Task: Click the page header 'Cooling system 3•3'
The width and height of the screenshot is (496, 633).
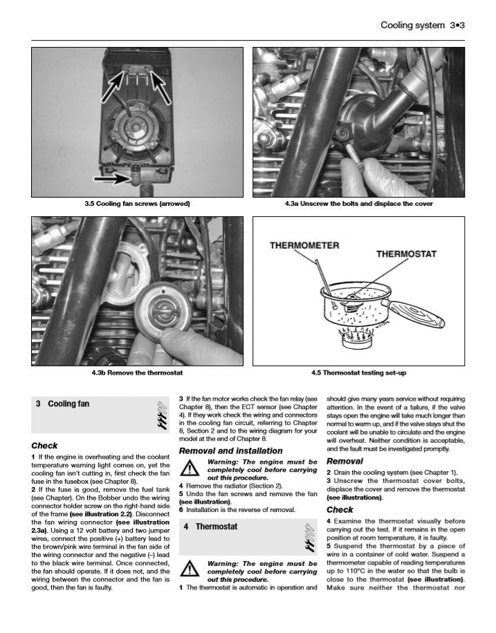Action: (x=422, y=25)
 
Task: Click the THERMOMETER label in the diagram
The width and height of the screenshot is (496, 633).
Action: (x=304, y=245)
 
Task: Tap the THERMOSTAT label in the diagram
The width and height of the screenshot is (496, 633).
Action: (x=406, y=254)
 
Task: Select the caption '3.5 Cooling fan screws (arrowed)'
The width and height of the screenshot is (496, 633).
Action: (x=137, y=204)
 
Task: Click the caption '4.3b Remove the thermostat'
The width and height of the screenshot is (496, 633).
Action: (x=137, y=373)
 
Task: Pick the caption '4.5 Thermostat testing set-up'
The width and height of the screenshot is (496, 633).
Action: (x=358, y=373)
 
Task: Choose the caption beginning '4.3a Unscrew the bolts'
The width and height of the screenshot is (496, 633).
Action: (x=358, y=204)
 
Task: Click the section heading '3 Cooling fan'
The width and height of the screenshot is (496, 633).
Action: (x=62, y=404)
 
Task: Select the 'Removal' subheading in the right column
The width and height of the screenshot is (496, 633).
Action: (x=345, y=461)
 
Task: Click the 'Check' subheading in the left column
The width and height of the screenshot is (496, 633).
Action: (x=44, y=446)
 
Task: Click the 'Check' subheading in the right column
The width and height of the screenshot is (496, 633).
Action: (x=340, y=510)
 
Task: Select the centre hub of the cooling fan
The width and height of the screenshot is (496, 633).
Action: (x=134, y=129)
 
